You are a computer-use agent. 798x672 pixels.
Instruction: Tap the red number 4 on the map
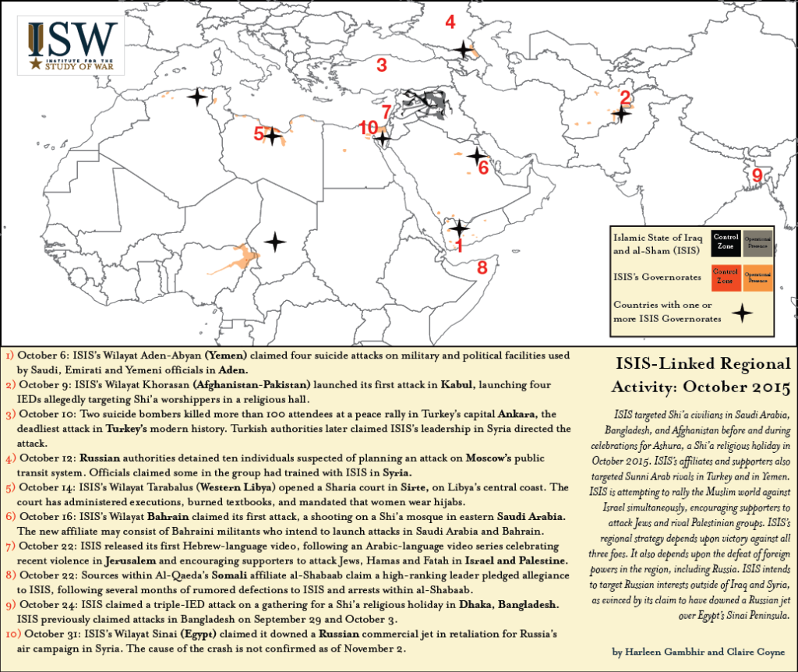point(450,22)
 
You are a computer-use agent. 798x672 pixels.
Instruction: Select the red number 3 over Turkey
point(382,65)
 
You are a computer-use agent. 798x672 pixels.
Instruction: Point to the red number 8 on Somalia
point(482,268)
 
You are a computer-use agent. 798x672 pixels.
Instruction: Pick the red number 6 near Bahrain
point(483,168)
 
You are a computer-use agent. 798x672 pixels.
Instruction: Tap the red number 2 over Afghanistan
point(624,98)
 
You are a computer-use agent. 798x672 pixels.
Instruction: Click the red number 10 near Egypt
point(369,127)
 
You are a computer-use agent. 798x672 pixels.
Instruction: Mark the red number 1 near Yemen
point(459,246)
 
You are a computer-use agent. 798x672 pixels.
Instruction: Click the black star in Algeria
point(197,97)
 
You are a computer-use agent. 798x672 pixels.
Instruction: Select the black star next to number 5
point(272,136)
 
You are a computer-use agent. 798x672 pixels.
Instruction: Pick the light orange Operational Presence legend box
point(758,277)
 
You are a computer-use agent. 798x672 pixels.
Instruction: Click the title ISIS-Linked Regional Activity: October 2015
point(691,376)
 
